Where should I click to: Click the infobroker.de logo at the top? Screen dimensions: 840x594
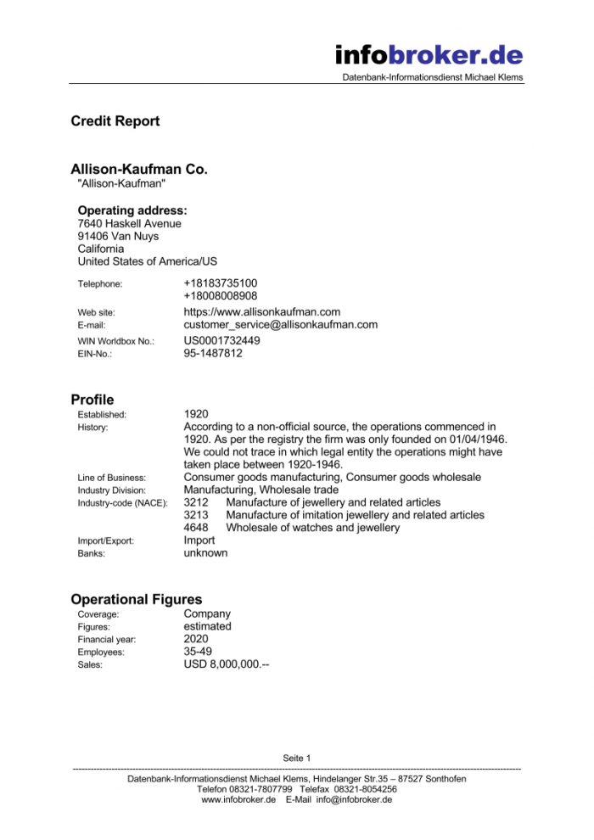[x=429, y=56]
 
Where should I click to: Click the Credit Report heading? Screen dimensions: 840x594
[x=115, y=121]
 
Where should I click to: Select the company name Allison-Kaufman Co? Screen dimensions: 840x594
[x=139, y=170]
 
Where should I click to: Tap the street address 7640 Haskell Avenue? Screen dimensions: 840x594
[x=129, y=223]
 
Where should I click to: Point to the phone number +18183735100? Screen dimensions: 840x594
[x=221, y=283]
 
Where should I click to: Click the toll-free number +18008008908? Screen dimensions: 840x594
[x=221, y=296]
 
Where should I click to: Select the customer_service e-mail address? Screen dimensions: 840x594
[x=280, y=325]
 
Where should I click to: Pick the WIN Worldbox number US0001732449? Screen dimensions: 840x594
[x=222, y=341]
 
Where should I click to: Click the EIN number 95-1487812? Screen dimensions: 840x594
[x=213, y=354]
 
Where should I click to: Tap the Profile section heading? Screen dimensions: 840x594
[x=92, y=400]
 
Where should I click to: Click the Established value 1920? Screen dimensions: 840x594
[x=196, y=414]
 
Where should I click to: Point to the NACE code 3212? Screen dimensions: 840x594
[x=196, y=502]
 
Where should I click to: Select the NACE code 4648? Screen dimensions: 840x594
[x=196, y=528]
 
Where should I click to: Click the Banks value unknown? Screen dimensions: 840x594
[x=205, y=553]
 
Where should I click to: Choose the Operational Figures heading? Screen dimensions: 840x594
[x=137, y=600]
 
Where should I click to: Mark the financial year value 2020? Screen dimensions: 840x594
[x=196, y=639]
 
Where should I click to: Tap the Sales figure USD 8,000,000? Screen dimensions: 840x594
[x=227, y=665]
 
